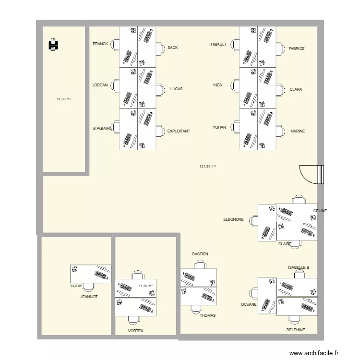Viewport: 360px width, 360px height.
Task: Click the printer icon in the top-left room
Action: click(x=53, y=46)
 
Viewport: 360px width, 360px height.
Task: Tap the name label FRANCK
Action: click(x=100, y=44)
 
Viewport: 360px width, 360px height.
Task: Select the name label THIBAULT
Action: click(x=217, y=44)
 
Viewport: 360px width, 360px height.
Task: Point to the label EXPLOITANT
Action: click(x=179, y=131)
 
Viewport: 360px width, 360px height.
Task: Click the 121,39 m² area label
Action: click(x=207, y=167)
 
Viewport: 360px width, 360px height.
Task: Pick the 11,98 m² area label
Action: click(x=64, y=99)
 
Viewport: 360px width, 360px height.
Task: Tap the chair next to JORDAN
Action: click(x=115, y=85)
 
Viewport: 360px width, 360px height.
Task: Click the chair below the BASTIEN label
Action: click(x=200, y=264)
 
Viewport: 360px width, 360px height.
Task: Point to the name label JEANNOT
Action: click(x=89, y=297)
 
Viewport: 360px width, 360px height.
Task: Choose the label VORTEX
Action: click(x=135, y=331)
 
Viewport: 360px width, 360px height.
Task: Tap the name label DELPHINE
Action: click(x=295, y=330)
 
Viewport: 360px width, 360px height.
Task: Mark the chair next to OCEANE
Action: click(x=253, y=293)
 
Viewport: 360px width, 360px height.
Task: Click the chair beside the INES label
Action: click(x=235, y=85)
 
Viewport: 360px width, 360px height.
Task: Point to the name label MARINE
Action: click(x=298, y=131)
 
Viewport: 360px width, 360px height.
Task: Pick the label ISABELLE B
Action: click(x=298, y=267)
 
